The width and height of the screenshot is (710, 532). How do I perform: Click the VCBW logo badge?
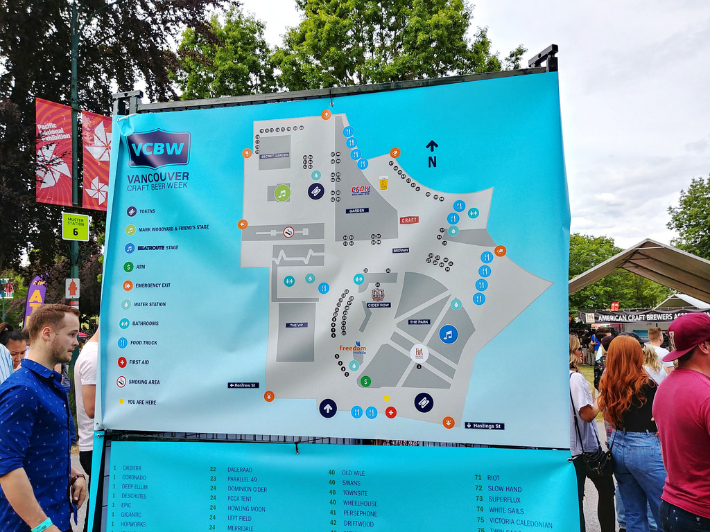158,149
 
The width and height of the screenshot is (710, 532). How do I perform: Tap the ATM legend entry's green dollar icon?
128,267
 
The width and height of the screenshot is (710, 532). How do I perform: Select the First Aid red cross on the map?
390,412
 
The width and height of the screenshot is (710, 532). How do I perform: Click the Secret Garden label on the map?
275,156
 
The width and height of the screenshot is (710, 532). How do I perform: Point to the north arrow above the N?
432,145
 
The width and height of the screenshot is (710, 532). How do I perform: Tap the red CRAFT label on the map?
409,220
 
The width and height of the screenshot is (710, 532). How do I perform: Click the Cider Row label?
379,305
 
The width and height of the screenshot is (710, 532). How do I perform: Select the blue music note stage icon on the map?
448,335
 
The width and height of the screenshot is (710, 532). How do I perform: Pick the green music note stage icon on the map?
282,193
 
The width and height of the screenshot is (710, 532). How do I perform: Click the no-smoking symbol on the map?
288,232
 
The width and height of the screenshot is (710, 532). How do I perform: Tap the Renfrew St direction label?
243,385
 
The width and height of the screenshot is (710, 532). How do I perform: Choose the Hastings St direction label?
484,425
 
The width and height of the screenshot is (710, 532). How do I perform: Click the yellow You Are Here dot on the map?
386,398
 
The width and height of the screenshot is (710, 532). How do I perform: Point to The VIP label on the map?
296,325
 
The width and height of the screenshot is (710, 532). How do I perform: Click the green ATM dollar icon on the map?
365,381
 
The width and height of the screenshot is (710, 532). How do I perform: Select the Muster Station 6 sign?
75,227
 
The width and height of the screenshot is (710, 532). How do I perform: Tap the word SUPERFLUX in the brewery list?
504,499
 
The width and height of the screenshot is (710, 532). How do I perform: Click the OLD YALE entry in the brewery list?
353,473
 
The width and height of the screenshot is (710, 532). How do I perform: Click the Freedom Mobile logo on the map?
353,348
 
